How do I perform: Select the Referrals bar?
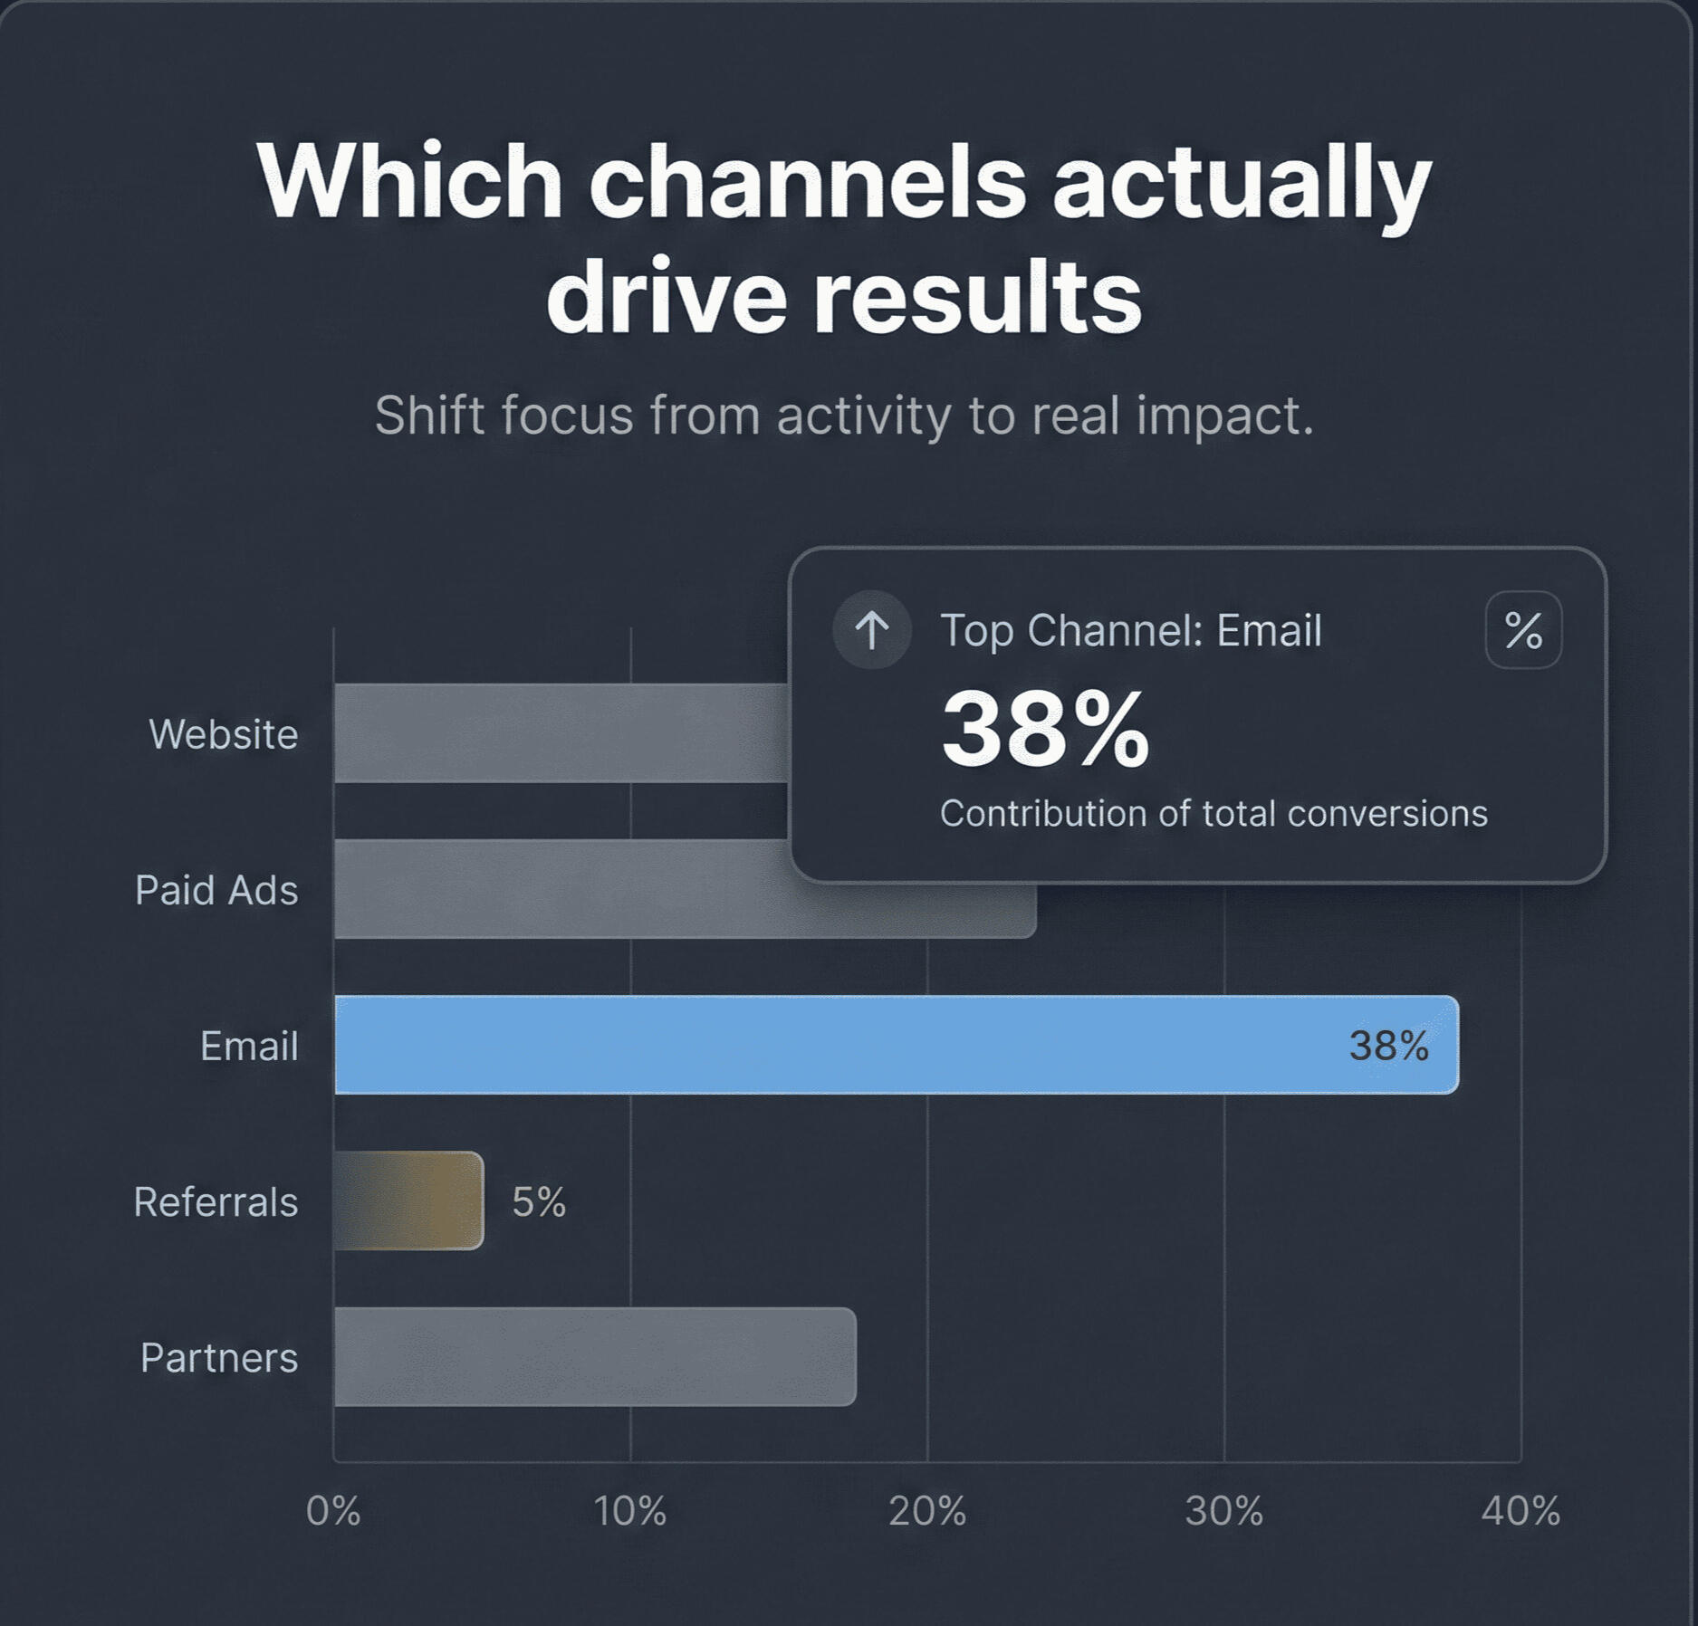[x=409, y=1200]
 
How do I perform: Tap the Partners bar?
[x=594, y=1356]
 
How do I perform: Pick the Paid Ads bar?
[x=561, y=889]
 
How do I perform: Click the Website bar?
[x=561, y=733]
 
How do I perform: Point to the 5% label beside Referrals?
[x=539, y=1202]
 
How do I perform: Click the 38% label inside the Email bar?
[x=1388, y=1046]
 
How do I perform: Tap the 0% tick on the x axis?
[x=333, y=1510]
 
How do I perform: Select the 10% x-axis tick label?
[x=630, y=1510]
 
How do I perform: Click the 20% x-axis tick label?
[x=927, y=1510]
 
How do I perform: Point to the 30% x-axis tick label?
[x=1224, y=1510]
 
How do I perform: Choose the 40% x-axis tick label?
[x=1521, y=1510]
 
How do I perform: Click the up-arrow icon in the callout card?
[x=872, y=629]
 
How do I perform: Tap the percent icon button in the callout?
[x=1523, y=630]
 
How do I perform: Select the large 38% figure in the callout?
[x=1045, y=730]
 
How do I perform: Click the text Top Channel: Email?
[x=1131, y=630]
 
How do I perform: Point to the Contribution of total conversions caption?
[x=1214, y=813]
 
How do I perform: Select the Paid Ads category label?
[x=216, y=890]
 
